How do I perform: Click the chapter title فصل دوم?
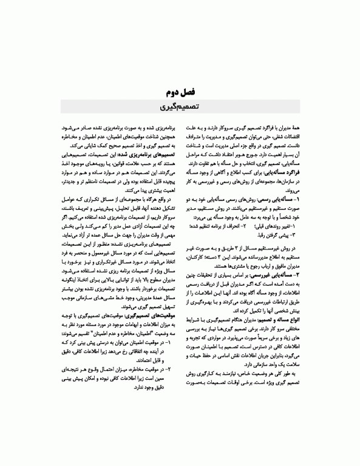tap(180, 93)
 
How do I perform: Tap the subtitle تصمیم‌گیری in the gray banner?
tap(180, 108)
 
